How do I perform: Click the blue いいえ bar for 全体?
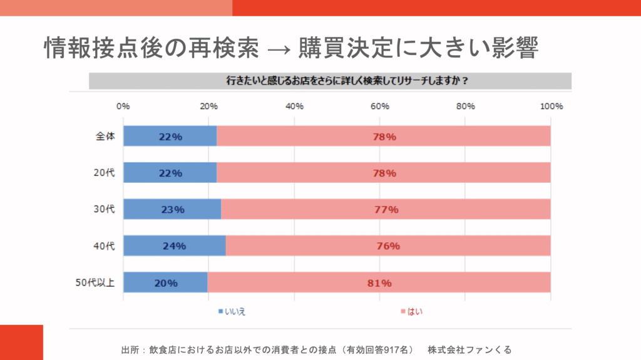pos(170,136)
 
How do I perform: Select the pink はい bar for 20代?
pos(383,173)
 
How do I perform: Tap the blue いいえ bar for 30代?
pos(172,210)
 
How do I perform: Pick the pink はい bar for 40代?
pos(388,246)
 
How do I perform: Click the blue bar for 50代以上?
pos(165,282)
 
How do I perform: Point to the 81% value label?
pos(379,283)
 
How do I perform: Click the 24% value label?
pos(174,246)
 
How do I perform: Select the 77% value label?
pos(386,210)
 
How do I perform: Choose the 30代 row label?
pos(105,210)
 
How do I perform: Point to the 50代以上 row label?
pos(95,283)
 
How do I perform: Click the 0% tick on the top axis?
pos(123,106)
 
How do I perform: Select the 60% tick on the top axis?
pos(380,106)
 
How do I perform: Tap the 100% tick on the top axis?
pos(551,106)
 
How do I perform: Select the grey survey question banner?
pos(330,81)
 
